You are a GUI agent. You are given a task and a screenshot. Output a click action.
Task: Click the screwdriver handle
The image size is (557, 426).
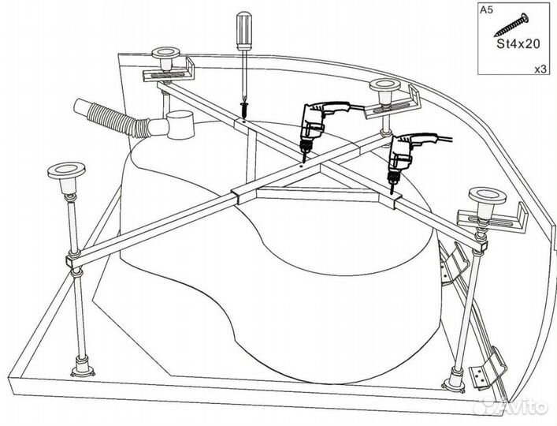pos(244,31)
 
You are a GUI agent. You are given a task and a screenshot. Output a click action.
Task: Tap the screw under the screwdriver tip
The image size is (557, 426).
pos(244,110)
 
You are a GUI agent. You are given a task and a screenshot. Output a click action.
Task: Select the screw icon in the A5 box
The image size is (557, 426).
pos(511,24)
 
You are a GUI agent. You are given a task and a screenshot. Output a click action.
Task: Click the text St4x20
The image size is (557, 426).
pos(518,44)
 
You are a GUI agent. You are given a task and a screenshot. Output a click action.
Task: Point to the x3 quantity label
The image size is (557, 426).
pos(540,69)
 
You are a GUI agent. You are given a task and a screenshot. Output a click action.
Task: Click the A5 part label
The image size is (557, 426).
pos(486,9)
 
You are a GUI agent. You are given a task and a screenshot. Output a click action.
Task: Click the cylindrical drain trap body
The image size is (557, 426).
pos(181,125)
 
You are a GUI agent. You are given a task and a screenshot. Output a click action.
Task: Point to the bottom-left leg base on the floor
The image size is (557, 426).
pos(83,368)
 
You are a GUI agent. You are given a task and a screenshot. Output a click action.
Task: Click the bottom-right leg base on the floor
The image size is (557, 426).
pos(454,379)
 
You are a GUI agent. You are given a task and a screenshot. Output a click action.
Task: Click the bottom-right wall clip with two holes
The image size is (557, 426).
pos(487,370)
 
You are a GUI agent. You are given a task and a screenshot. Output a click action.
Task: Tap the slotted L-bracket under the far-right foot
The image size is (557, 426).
pos(492,219)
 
